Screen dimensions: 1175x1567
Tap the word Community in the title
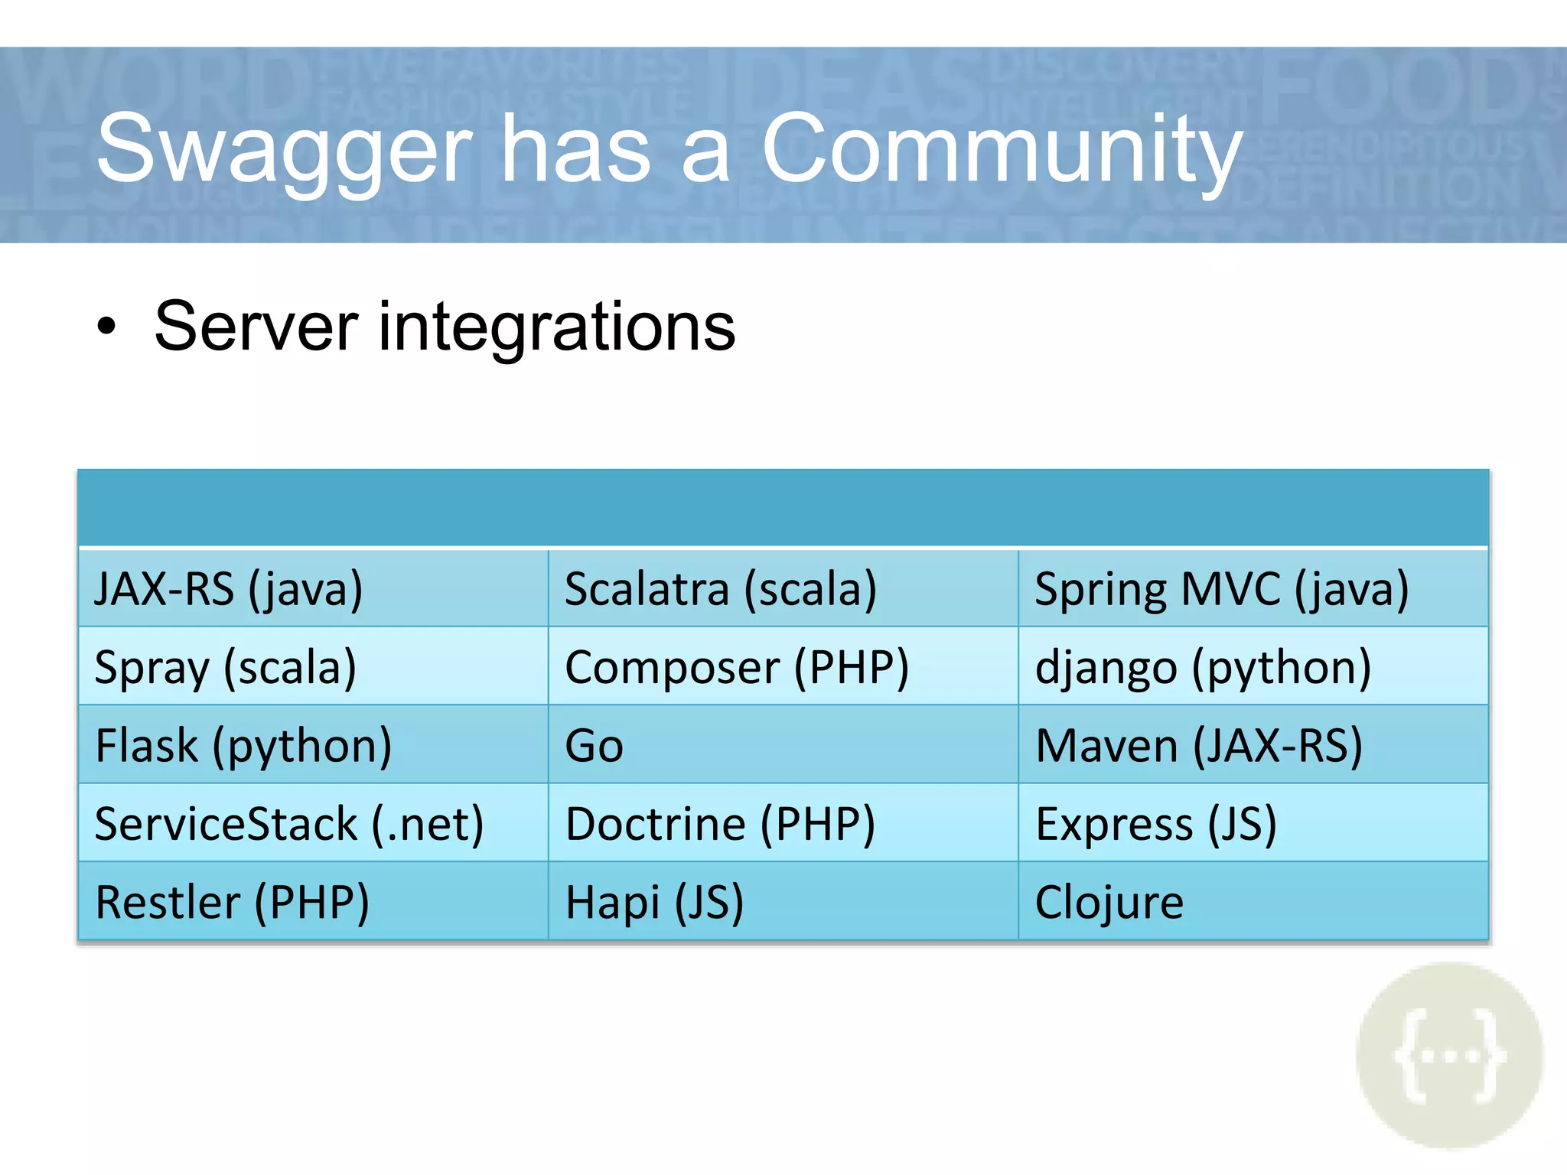(1002, 148)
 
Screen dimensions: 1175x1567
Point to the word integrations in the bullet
(557, 327)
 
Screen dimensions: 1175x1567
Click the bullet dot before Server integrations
(107, 327)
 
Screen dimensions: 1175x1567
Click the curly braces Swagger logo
(1449, 1056)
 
